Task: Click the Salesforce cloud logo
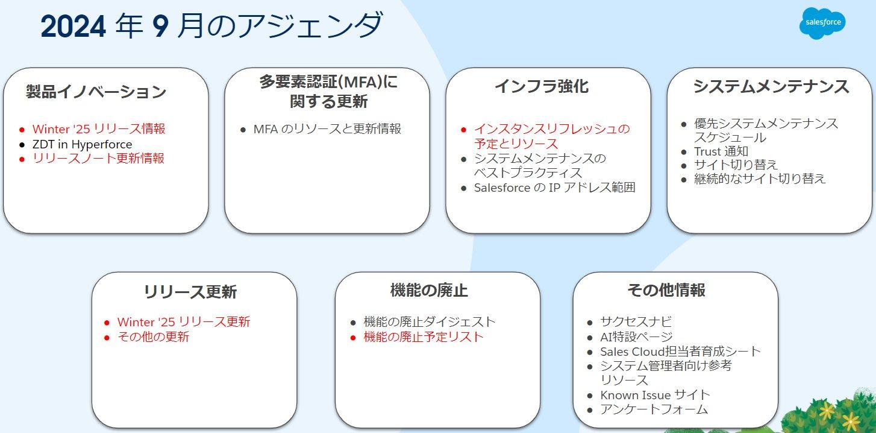pyautogui.click(x=822, y=24)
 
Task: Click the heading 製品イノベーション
pyautogui.click(x=96, y=92)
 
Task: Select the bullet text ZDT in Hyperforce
pyautogui.click(x=82, y=144)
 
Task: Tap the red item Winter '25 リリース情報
pyautogui.click(x=99, y=129)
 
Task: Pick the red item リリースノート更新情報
pyautogui.click(x=98, y=159)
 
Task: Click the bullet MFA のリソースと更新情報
pyautogui.click(x=327, y=129)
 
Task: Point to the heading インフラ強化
pyautogui.click(x=541, y=87)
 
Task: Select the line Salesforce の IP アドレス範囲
pyautogui.click(x=554, y=188)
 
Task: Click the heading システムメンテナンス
pyautogui.click(x=771, y=87)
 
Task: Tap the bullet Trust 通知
pyautogui.click(x=721, y=151)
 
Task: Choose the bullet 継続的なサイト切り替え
pyautogui.click(x=760, y=179)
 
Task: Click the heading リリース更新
pyautogui.click(x=190, y=292)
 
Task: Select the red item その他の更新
pyautogui.click(x=153, y=337)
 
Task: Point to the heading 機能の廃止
pyautogui.click(x=429, y=291)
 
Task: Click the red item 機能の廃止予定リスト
pyautogui.click(x=424, y=337)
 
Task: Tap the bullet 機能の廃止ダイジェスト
pyautogui.click(x=430, y=322)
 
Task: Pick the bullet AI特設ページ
pyautogui.click(x=636, y=337)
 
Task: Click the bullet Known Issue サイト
pyautogui.click(x=655, y=395)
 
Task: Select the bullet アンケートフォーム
pyautogui.click(x=654, y=409)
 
